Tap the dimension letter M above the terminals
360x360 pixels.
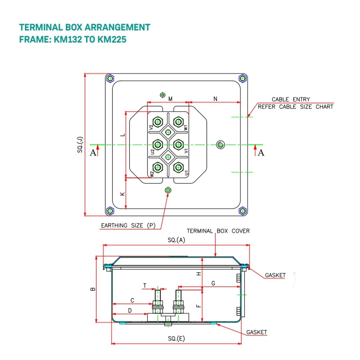170,99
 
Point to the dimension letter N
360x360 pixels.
215,99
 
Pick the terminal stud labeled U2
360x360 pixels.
158,144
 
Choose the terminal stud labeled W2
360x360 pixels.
158,167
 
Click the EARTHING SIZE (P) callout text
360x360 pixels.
128,226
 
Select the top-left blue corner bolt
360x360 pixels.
109,78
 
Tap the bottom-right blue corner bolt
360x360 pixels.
243,211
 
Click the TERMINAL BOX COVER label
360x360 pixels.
218,231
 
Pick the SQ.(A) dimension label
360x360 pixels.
176,240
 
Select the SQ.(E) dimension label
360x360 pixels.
176,339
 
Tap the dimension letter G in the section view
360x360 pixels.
213,283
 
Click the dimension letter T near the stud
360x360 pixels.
145,286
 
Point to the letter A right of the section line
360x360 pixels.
261,153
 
